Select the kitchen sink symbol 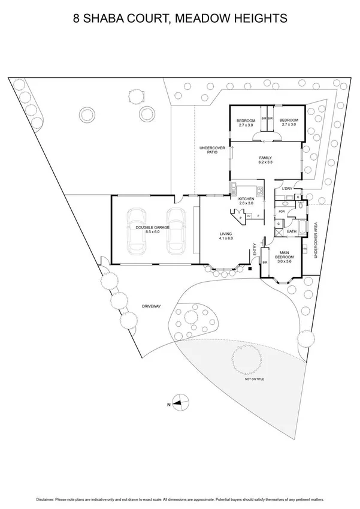click(233, 192)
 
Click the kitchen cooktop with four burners click(260, 192)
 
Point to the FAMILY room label click(265, 157)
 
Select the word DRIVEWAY click(152, 306)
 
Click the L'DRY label click(287, 189)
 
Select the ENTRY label click(255, 249)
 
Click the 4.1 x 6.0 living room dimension click(226, 239)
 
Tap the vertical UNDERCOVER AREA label click(316, 240)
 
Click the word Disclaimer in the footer click(47, 499)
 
